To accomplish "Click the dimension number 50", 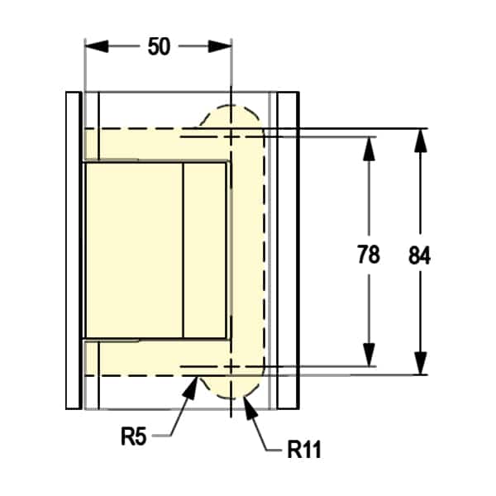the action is (x=159, y=46).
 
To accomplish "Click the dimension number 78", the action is (x=369, y=254).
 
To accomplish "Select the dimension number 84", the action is (x=419, y=255).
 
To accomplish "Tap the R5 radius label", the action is (x=133, y=436).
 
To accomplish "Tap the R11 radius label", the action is (x=304, y=449).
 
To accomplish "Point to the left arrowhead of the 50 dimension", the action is (x=97, y=46).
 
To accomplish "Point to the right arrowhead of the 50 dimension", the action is (x=220, y=46).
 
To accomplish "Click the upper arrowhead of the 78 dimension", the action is (x=369, y=149).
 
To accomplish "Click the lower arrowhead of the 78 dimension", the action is (x=369, y=355).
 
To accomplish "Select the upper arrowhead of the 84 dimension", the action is (x=421, y=141).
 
